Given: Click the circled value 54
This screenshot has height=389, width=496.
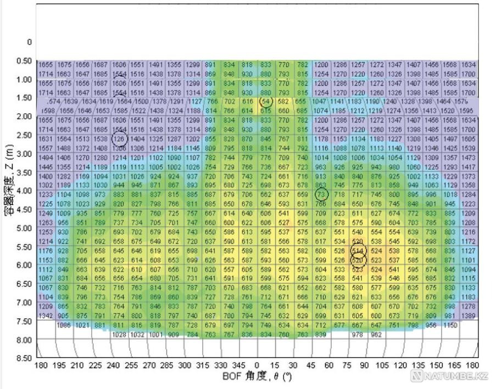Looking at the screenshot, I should (266, 102).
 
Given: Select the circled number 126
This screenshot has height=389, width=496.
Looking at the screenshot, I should (119, 139).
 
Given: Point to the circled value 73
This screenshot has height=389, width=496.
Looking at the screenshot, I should (322, 194).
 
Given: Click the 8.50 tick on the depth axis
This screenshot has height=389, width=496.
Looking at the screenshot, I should (24, 358).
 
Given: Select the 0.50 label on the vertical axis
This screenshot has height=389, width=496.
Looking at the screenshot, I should (24, 60).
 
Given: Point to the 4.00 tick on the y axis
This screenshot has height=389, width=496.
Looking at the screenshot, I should (24, 191).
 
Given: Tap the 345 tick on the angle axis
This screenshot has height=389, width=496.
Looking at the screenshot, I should (238, 365).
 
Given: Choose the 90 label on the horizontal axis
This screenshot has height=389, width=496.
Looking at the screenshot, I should (365, 365).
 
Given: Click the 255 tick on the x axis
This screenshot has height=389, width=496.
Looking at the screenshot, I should (131, 365).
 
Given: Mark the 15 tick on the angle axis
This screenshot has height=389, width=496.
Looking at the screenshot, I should (275, 365).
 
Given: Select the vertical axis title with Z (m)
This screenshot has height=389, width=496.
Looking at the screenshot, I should (9, 181).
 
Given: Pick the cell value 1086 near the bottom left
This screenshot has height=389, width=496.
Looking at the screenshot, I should (65, 325).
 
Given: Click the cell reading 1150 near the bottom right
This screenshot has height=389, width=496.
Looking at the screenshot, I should (450, 325).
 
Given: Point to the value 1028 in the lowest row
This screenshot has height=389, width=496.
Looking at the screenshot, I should (119, 334).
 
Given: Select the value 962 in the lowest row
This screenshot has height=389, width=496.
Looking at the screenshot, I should (376, 334).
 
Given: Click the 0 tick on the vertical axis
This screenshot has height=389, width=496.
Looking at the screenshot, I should (29, 42).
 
